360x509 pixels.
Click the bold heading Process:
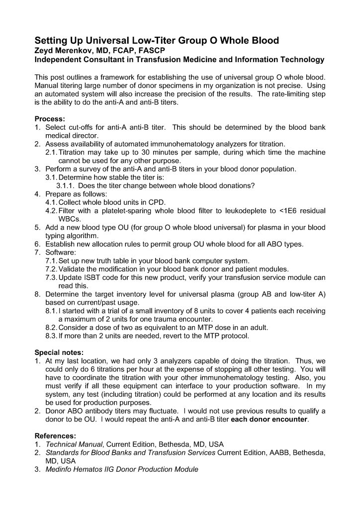coord(50,119)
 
